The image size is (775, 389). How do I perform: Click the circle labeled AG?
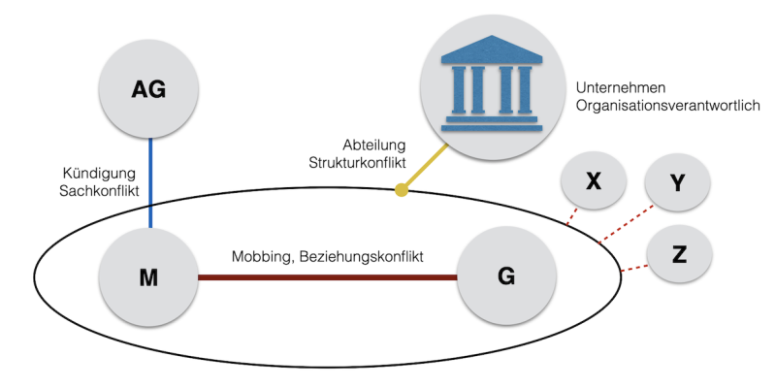click(149, 90)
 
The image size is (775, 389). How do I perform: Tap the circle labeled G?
click(505, 277)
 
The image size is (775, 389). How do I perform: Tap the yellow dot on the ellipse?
click(401, 189)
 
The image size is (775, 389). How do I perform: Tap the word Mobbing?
click(264, 257)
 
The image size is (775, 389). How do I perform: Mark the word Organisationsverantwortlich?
click(665, 104)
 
